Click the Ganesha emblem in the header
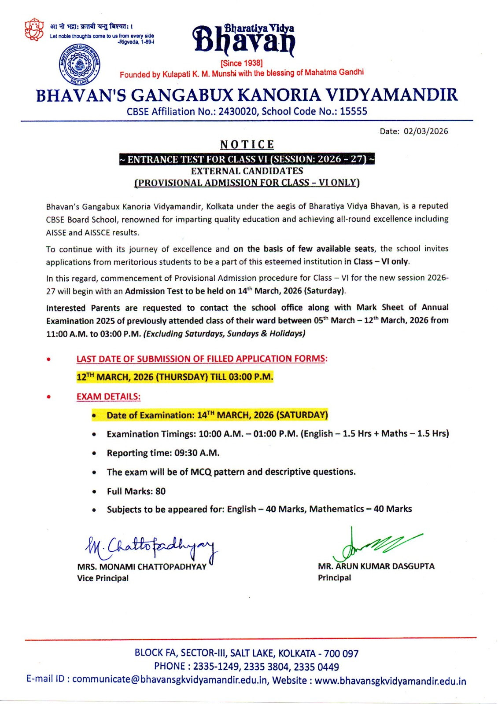point(34,29)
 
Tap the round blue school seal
point(79,64)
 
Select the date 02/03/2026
point(426,131)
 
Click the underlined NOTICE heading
point(247,145)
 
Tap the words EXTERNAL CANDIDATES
point(247,171)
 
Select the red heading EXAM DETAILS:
point(108,396)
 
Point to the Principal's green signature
point(374,544)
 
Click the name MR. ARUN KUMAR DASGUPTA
point(376,566)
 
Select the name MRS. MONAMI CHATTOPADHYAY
point(142,567)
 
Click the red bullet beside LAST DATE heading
point(49,359)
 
